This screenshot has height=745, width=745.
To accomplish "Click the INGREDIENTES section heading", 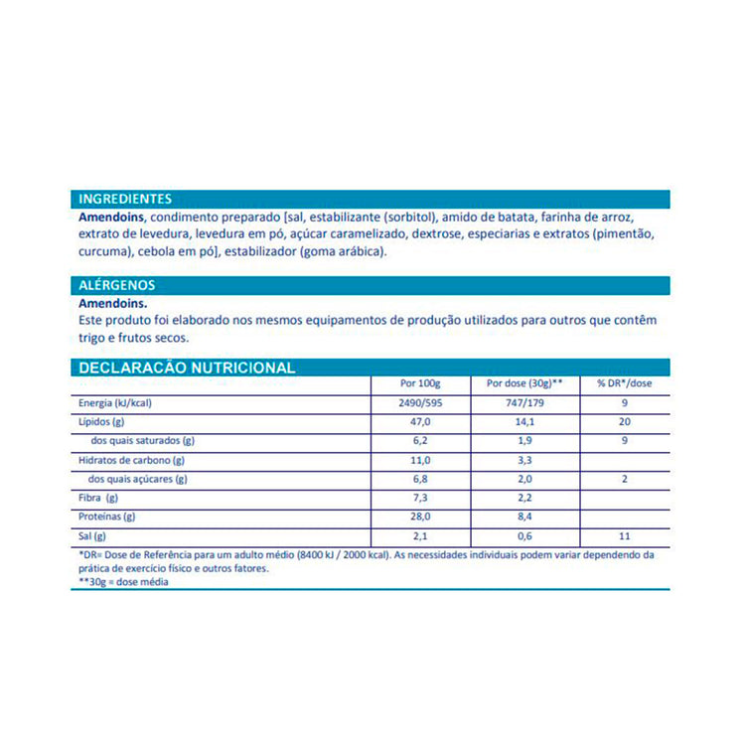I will click(124, 199).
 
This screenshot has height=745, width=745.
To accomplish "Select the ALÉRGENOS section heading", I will click(116, 285).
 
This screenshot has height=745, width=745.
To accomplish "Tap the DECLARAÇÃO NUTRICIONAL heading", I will click(187, 368).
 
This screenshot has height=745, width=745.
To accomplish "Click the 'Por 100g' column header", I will click(420, 383).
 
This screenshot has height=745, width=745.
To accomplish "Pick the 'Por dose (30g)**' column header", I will click(525, 383).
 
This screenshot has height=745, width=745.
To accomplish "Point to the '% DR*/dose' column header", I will click(624, 383).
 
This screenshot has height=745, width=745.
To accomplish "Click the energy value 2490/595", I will click(420, 403).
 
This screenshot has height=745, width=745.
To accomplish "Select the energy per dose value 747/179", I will click(525, 403).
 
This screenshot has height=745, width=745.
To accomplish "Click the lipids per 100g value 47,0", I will click(420, 422).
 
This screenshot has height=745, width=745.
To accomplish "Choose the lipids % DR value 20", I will click(624, 422).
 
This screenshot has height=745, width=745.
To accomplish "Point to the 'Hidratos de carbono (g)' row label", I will click(132, 460).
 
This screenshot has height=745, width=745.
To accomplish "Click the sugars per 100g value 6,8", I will click(420, 479).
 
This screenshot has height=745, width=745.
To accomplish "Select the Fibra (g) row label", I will click(98, 498).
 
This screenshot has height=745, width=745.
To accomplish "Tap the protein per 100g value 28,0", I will click(420, 517).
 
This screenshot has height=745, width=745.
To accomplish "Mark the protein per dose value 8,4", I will click(525, 517).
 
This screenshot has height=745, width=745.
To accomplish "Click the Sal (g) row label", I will click(93, 535).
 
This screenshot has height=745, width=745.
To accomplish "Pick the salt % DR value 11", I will click(624, 535).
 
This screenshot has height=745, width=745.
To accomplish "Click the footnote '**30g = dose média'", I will click(123, 582).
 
